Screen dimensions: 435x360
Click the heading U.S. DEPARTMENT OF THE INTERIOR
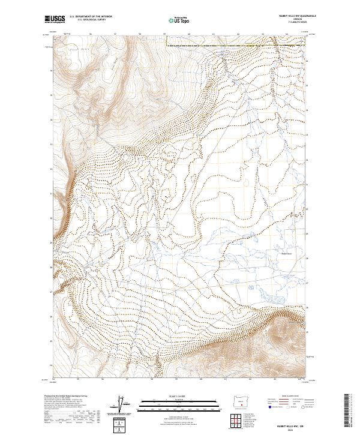tap(91, 17)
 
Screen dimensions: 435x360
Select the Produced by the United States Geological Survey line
tap(67, 397)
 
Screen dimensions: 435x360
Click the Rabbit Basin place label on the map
tap(283, 253)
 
